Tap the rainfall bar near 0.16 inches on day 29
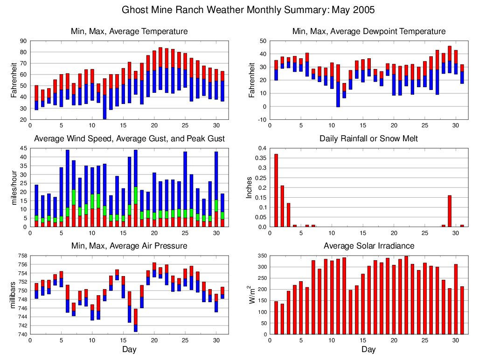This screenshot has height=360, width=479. tap(450, 211)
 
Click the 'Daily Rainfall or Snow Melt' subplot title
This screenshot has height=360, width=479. tap(368, 139)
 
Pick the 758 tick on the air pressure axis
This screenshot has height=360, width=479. tap(21, 256)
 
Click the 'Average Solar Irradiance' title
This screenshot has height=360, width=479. tap(368, 246)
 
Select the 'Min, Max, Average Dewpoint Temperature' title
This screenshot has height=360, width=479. tap(368, 32)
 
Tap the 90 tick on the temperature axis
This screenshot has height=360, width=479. tap(22, 41)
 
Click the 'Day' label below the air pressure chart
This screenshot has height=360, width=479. tap(129, 349)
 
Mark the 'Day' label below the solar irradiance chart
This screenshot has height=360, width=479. tap(368, 349)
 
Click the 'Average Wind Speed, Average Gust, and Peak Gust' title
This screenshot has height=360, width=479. tap(129, 139)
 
